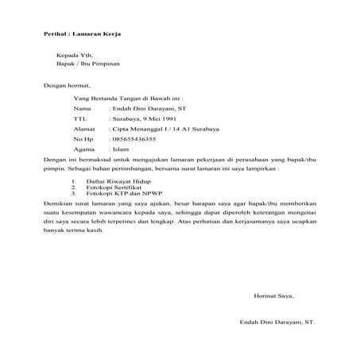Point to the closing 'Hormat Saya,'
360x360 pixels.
coord(273,295)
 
